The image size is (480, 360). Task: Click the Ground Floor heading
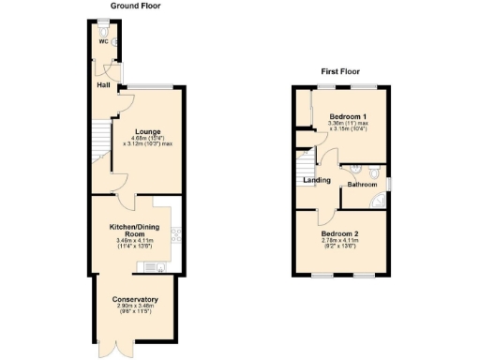[x=133, y=6]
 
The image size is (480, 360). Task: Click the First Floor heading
[x=341, y=71]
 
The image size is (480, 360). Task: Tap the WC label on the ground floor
[x=103, y=41]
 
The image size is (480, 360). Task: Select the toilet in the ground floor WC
[x=114, y=41]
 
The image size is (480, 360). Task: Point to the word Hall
[x=104, y=86]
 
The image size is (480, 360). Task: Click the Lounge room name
[x=146, y=131]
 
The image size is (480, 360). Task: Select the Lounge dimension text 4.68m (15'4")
[x=147, y=139]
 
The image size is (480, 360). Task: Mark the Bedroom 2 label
[x=339, y=233]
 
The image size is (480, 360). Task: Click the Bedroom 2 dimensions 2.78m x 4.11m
[x=339, y=241]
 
